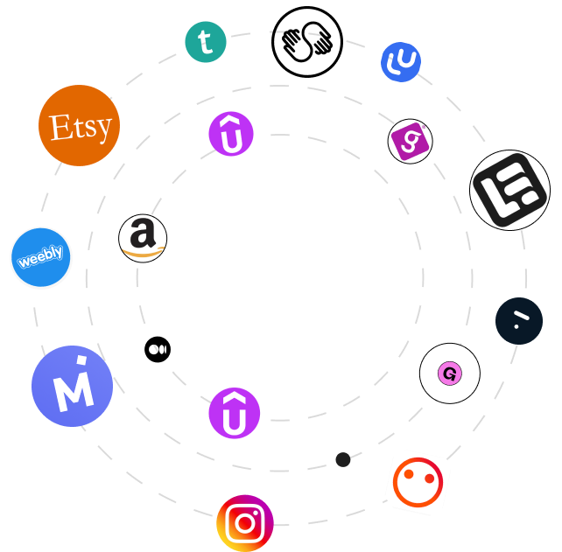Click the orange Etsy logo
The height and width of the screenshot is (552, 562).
(x=79, y=126)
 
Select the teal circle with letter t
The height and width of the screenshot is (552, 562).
(x=206, y=42)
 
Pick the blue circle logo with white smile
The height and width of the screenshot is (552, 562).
(x=401, y=61)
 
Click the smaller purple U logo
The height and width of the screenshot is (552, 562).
(x=231, y=135)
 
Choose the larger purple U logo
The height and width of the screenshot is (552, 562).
(x=235, y=413)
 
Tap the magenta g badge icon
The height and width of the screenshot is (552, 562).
(x=410, y=142)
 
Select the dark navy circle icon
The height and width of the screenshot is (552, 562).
(x=519, y=320)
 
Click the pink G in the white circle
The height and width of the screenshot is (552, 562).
(x=449, y=374)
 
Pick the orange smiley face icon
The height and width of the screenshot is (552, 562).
(x=418, y=482)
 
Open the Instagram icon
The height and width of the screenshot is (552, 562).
(x=245, y=523)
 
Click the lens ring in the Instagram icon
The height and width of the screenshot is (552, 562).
(x=244, y=524)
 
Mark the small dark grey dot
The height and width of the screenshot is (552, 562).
(x=343, y=459)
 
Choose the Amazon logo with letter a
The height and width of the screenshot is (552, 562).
(x=143, y=239)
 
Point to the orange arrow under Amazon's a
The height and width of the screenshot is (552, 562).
(x=143, y=254)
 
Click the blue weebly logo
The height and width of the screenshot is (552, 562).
(x=41, y=258)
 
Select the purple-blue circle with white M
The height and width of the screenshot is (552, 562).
(x=72, y=387)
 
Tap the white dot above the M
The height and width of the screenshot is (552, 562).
(x=81, y=360)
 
